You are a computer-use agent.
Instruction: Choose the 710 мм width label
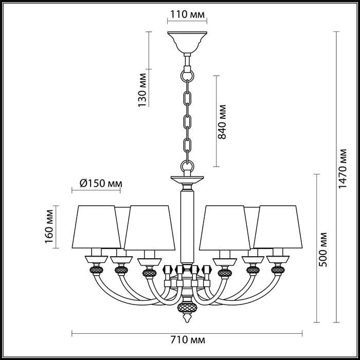click(x=187, y=340)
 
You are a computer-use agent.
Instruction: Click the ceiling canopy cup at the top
click(x=187, y=42)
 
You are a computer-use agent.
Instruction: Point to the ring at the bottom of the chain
click(x=187, y=166)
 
